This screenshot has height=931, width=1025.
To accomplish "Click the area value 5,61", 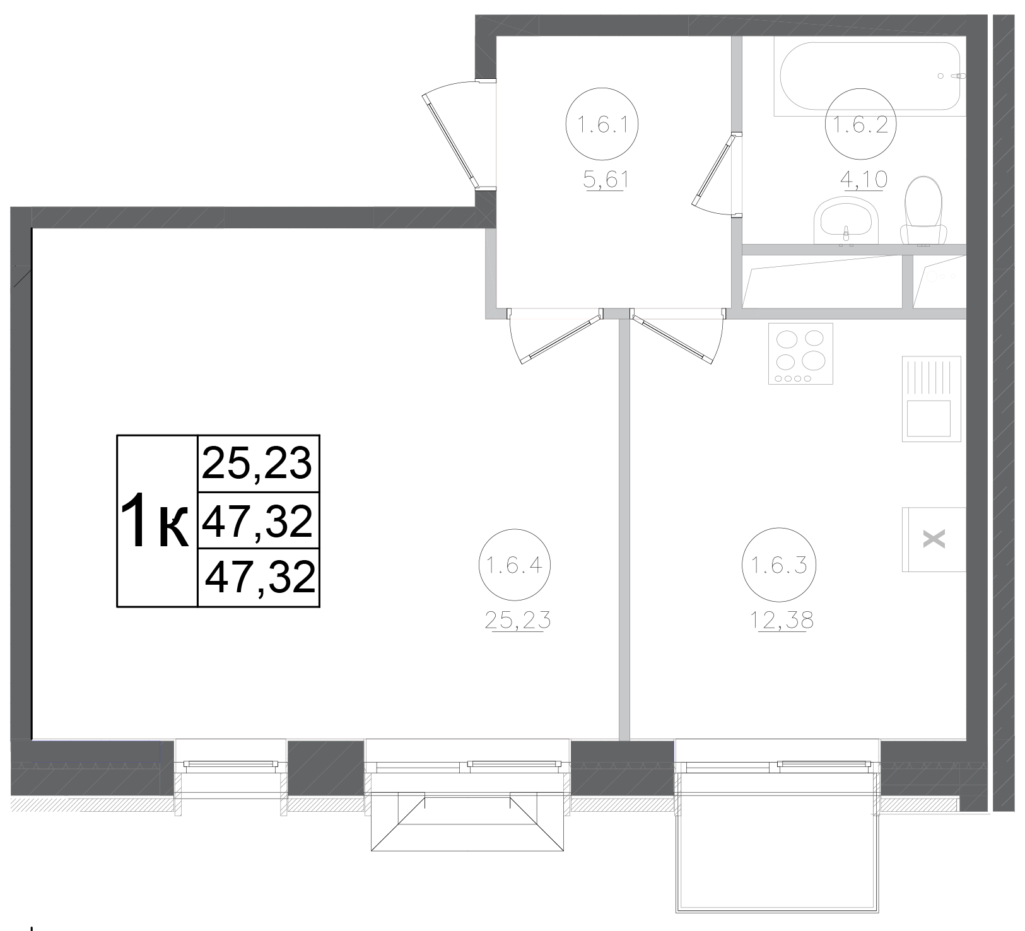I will [x=606, y=182].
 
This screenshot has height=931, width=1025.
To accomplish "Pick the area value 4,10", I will [x=864, y=180].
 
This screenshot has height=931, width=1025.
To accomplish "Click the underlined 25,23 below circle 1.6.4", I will [x=518, y=621].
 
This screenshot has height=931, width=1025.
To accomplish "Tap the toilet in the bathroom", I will [x=924, y=211].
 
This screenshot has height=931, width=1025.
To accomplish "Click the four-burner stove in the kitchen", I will [x=800, y=353].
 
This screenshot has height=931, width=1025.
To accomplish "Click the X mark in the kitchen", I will [x=934, y=539].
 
